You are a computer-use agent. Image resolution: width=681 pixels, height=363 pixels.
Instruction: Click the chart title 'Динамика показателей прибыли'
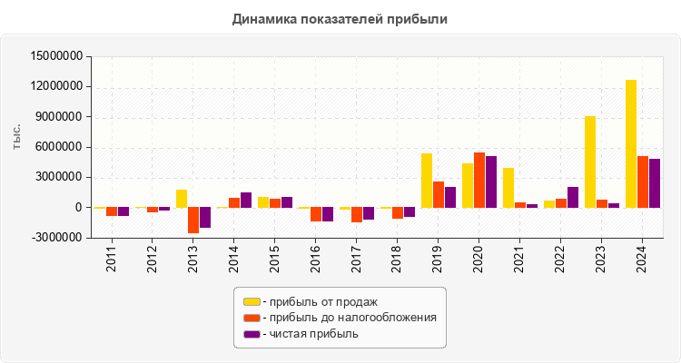[340, 18]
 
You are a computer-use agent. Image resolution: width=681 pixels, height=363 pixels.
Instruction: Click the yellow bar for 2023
[590, 162]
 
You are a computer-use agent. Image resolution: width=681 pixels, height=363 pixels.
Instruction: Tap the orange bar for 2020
[479, 180]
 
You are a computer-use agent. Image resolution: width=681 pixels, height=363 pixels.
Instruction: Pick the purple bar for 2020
[491, 181]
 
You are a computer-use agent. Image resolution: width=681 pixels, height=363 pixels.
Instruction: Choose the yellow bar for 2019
[427, 181]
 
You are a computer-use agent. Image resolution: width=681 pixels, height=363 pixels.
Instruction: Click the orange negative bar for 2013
[193, 221]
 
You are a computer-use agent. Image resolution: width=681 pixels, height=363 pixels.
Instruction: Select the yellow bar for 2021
[508, 188]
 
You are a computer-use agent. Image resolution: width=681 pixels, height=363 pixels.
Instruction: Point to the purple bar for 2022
[573, 197]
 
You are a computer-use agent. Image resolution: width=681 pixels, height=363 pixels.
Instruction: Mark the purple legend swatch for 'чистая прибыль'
[252, 334]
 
